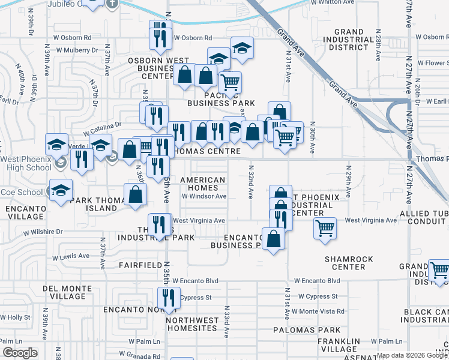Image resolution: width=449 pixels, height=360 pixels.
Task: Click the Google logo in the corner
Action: click(20, 353)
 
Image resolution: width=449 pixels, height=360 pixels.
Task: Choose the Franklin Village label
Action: click(339, 345)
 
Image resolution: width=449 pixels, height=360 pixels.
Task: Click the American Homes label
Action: click(203, 184)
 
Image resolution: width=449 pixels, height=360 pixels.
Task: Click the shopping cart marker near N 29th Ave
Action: click(325, 227)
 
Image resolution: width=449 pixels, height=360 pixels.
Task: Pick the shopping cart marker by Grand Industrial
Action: click(439, 269)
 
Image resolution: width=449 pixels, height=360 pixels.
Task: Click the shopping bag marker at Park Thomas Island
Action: click(136, 194)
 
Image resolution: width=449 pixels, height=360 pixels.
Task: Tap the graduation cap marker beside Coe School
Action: click(61, 189)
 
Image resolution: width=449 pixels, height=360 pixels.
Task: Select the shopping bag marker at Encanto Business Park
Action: click(274, 238)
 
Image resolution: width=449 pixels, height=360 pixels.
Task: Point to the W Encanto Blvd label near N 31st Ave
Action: click(317, 280)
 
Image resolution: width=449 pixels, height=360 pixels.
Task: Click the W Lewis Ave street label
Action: click(71, 256)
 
